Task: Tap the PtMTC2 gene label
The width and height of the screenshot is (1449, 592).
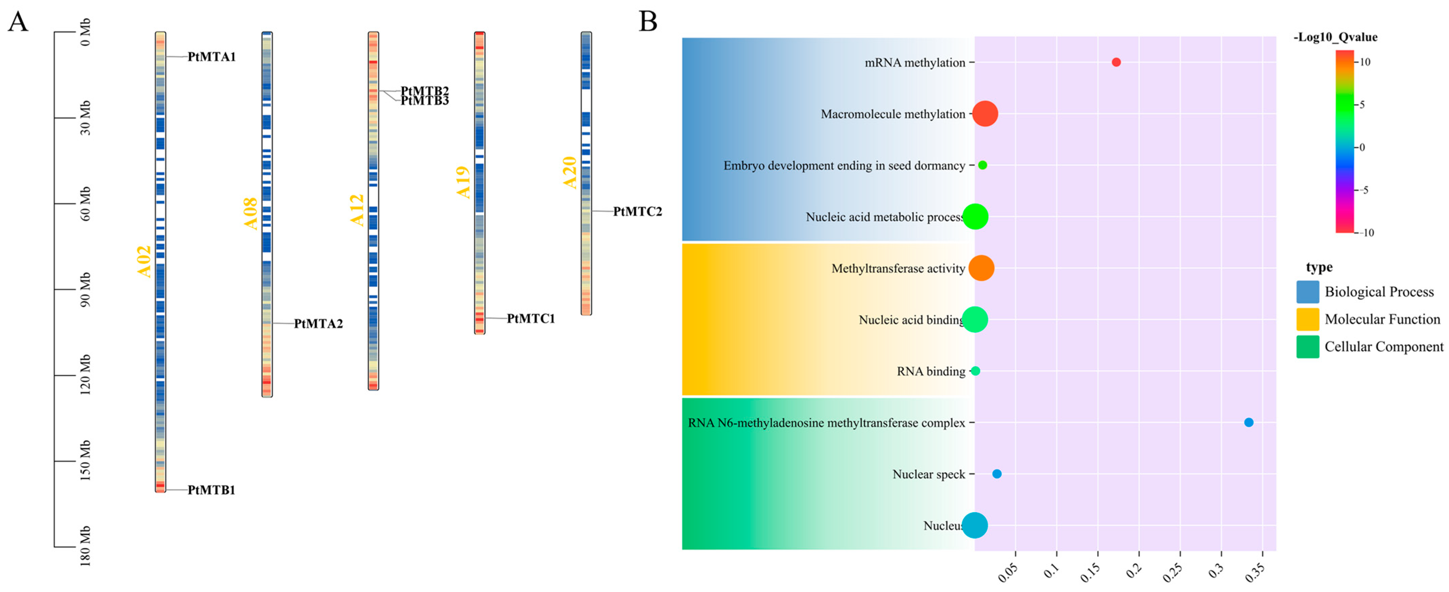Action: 637,211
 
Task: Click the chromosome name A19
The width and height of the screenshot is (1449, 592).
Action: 463,182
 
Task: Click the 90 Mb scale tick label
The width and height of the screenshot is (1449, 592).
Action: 85,290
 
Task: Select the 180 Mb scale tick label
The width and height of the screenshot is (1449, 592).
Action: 85,546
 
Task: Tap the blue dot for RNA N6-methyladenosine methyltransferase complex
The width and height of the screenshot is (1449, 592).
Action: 1248,423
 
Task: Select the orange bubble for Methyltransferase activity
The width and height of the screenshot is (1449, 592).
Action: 981,268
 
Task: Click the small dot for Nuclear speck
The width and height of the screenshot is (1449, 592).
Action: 997,474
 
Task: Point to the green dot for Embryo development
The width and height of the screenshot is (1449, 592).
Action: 982,165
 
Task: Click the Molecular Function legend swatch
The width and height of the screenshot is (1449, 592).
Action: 1307,319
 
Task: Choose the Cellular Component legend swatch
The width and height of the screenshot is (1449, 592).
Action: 1307,347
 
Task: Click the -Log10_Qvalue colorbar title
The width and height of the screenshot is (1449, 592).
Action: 1335,37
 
